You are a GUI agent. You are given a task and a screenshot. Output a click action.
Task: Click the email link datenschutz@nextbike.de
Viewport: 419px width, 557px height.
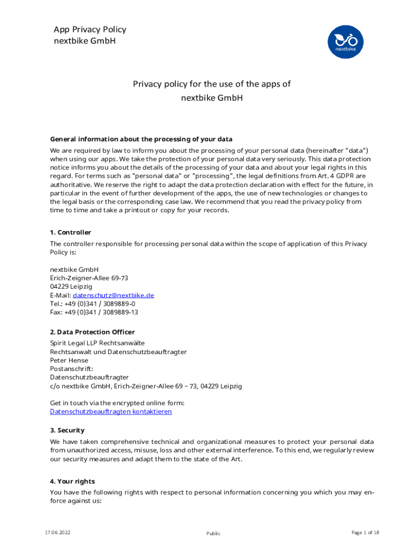[x=113, y=295]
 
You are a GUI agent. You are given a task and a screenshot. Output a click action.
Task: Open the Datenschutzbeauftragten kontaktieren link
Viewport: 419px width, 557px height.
[x=111, y=412]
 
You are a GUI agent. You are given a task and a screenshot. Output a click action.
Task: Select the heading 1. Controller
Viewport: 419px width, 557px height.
[x=71, y=233]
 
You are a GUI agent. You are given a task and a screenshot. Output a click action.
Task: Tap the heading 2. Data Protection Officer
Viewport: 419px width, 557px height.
[x=93, y=332]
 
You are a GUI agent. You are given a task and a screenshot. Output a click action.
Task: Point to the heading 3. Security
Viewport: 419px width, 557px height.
[x=67, y=430]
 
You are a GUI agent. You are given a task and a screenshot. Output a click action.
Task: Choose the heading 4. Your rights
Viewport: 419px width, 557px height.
[x=72, y=481]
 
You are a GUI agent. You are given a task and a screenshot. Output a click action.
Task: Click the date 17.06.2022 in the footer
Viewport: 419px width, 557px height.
[x=57, y=533]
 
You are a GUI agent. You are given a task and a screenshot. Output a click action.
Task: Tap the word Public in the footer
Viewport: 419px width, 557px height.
[x=213, y=534]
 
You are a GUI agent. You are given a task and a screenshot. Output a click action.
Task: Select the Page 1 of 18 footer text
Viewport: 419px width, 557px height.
[x=365, y=533]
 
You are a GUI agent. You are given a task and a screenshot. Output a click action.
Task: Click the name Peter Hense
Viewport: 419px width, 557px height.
[x=69, y=360]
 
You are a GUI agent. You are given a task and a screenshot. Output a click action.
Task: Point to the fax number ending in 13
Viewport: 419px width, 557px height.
[x=94, y=312]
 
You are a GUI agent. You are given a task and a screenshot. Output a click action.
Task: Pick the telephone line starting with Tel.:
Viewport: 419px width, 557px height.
[x=93, y=304]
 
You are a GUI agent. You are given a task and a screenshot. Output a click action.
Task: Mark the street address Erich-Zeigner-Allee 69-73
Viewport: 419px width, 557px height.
[x=89, y=278]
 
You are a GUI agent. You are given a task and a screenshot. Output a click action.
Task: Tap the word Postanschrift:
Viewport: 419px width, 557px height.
[x=72, y=369]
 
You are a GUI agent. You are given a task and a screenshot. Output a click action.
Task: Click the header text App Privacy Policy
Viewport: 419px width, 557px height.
[x=90, y=29]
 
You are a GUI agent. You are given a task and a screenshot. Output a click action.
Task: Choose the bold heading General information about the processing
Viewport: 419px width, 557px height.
[x=141, y=139]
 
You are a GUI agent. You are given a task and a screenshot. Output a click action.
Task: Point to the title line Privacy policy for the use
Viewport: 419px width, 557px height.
[x=212, y=84]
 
